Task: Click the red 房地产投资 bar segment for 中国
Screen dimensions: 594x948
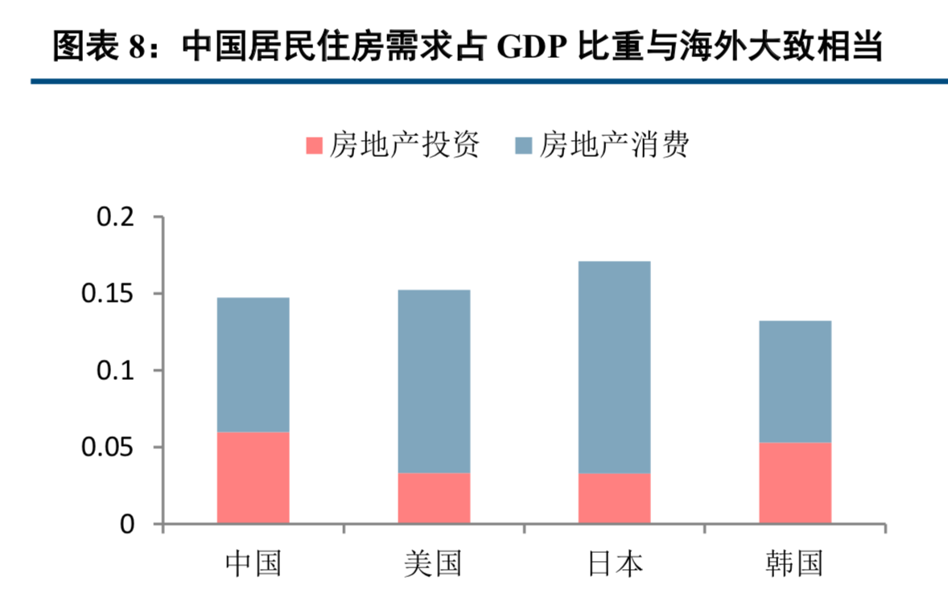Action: (x=253, y=478)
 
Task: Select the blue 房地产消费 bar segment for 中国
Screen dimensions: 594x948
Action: (x=253, y=365)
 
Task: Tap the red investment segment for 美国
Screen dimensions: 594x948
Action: (x=434, y=498)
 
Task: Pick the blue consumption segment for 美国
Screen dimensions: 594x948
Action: (x=434, y=381)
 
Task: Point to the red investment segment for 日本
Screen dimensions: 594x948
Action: (x=614, y=498)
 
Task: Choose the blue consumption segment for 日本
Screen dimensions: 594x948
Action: (x=614, y=367)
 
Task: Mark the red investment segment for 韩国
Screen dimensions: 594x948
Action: (x=794, y=483)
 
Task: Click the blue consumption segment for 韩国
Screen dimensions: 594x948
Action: (x=794, y=382)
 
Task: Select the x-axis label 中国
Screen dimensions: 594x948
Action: (x=253, y=563)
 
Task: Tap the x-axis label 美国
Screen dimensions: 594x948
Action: (x=434, y=563)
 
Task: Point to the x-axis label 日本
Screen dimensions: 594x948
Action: (x=614, y=563)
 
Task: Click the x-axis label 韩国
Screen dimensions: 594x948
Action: (x=794, y=563)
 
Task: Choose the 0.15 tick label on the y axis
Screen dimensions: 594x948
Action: (x=111, y=294)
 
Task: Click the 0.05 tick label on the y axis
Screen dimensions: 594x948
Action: (x=111, y=448)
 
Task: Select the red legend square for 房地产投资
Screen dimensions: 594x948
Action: (x=314, y=146)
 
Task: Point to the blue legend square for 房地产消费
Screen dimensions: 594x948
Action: (x=524, y=146)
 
